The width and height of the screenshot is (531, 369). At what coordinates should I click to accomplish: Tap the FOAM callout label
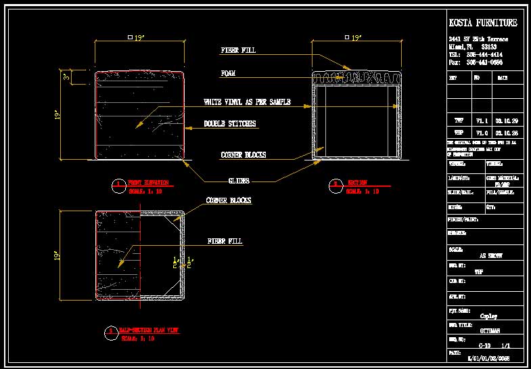click(x=228, y=73)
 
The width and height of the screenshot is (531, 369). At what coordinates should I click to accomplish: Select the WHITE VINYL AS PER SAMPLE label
click(x=247, y=102)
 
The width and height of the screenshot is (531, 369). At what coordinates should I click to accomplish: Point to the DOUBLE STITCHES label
click(x=230, y=124)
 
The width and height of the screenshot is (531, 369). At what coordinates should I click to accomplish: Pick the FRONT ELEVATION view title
click(x=148, y=183)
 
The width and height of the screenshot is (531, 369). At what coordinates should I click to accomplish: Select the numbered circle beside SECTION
click(x=334, y=183)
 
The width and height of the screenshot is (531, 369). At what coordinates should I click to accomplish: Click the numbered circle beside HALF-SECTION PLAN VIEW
click(x=110, y=332)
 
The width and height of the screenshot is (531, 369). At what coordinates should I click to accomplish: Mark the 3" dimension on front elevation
click(x=66, y=78)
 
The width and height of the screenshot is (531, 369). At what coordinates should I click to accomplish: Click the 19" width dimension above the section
click(x=354, y=38)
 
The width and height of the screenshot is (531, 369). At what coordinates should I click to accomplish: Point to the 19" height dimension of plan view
click(x=57, y=257)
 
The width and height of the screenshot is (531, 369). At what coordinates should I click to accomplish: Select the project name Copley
click(x=488, y=316)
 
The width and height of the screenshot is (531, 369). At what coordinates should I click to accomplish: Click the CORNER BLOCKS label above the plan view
click(x=229, y=201)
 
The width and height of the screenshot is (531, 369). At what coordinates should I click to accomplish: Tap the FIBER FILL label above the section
click(x=238, y=50)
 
